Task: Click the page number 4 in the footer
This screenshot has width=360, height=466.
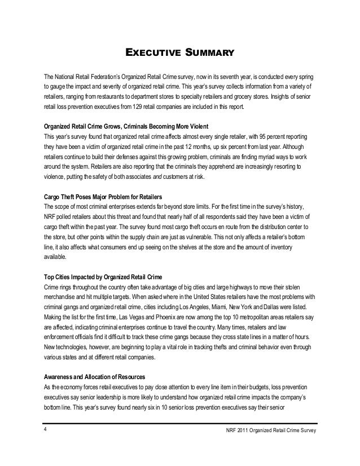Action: pyautogui.click(x=46, y=432)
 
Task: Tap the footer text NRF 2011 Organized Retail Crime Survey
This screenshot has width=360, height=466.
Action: pyautogui.click(x=270, y=432)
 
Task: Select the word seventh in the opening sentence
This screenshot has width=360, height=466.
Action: pyautogui.click(x=220, y=76)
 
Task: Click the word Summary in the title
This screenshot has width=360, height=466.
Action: pyautogui.click(x=205, y=54)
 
